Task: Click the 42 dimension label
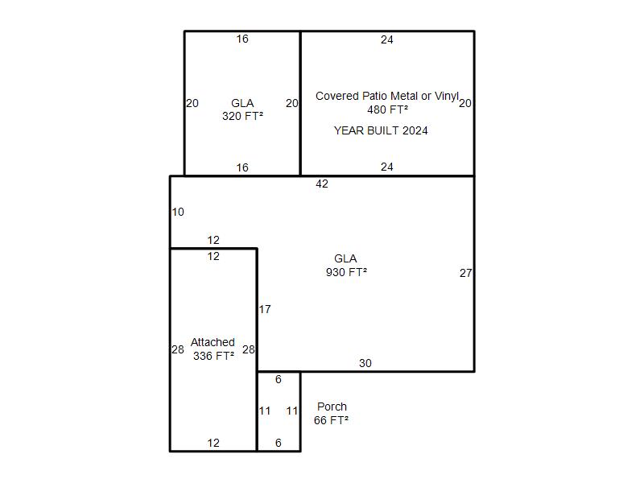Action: click(x=322, y=184)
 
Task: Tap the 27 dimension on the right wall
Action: click(x=466, y=273)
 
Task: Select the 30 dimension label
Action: click(x=365, y=363)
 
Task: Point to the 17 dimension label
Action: click(x=265, y=309)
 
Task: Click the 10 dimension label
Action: click(x=178, y=212)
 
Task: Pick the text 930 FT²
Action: click(x=346, y=272)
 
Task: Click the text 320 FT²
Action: click(x=243, y=116)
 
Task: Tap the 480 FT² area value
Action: click(x=388, y=109)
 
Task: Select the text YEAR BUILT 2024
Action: click(x=381, y=130)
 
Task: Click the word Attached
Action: click(x=213, y=342)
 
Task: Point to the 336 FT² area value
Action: click(x=213, y=356)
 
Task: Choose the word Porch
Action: click(x=332, y=407)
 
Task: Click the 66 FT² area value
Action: click(x=331, y=420)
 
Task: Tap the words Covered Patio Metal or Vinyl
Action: click(x=387, y=96)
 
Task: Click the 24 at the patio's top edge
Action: click(x=387, y=39)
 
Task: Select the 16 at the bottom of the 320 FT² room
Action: click(x=242, y=167)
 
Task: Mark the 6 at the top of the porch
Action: click(x=279, y=379)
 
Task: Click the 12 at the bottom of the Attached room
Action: click(x=213, y=443)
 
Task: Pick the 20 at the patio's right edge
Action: click(x=465, y=103)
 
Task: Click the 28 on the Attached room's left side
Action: click(x=178, y=349)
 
